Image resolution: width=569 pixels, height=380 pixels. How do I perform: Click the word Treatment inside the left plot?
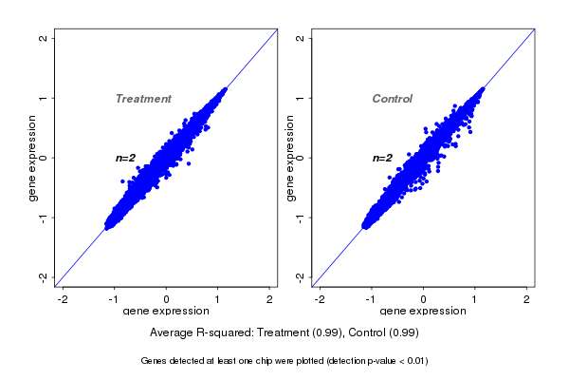143,99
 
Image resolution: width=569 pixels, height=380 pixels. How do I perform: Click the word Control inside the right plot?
392,99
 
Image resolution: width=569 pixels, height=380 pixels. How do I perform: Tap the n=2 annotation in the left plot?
126,158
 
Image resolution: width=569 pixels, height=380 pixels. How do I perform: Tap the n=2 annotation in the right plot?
382,158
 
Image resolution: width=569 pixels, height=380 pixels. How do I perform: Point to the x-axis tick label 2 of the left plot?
269,299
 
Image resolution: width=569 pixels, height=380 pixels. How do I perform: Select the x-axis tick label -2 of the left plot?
63,299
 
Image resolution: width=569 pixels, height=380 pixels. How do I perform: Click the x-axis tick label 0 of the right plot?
424,299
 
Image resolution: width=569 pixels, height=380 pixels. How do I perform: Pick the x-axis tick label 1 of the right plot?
476,299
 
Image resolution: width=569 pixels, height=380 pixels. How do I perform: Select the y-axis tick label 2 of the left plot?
44,38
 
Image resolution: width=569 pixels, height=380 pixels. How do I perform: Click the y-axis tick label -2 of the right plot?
300,276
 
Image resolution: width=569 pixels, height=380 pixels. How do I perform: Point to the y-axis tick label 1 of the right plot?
300,98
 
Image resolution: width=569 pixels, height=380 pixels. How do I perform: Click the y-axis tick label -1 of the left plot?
44,217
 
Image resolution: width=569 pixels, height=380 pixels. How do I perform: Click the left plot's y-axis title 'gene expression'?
33,158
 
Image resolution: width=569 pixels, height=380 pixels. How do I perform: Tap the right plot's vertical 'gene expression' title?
289,158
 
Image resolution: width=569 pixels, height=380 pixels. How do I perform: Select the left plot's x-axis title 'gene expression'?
166,312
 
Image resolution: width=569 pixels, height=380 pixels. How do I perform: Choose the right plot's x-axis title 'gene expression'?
423,312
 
